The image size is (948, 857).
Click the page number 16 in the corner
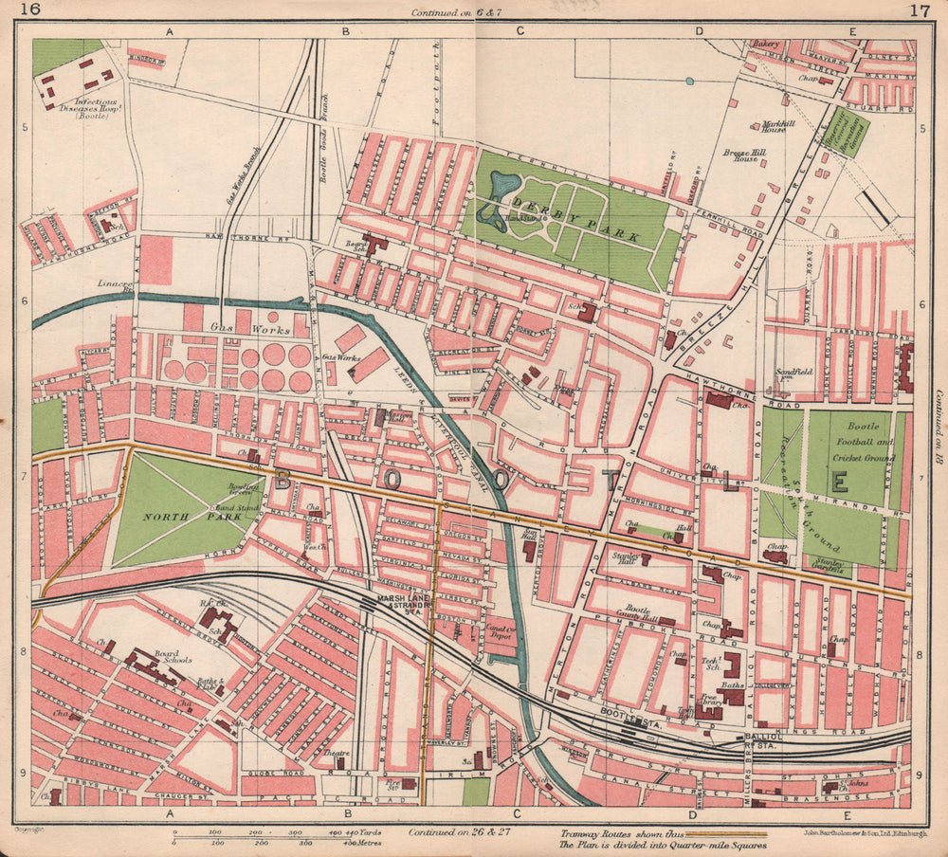coord(30,11)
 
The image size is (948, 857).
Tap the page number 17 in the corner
coord(918,11)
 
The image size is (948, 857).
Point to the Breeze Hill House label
coord(745,157)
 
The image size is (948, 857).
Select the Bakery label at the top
coord(765,44)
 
